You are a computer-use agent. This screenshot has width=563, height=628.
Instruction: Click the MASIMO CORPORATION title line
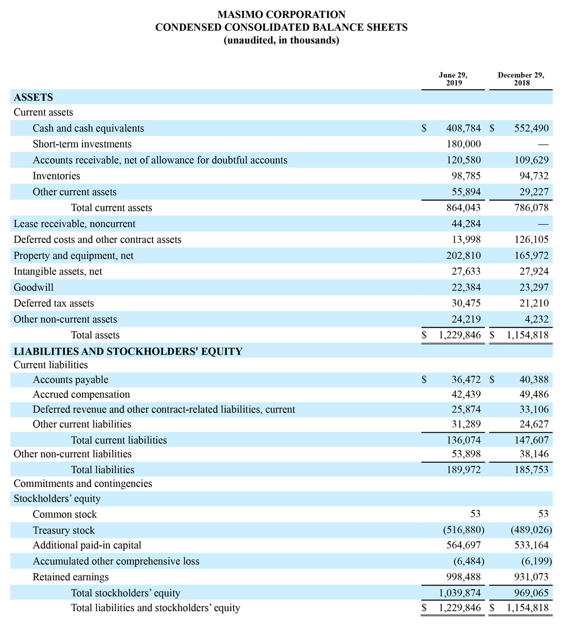[x=281, y=15]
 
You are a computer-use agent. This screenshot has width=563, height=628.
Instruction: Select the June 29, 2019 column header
[x=453, y=79]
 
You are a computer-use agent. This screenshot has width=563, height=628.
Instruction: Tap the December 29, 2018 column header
[x=521, y=79]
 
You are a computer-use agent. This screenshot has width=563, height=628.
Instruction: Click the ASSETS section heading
[x=33, y=97]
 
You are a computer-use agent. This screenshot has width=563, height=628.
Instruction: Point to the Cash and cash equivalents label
[x=88, y=128]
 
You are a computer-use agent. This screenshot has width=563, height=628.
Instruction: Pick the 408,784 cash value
[x=464, y=128]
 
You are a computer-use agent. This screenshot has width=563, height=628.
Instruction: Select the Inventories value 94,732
[x=532, y=176]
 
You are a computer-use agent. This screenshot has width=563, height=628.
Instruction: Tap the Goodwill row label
[x=34, y=287]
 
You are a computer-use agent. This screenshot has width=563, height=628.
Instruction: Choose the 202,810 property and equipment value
[x=464, y=256]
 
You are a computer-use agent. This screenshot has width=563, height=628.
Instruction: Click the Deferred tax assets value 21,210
[x=534, y=303]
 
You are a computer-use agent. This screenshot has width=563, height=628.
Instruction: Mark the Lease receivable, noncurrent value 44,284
[x=466, y=224]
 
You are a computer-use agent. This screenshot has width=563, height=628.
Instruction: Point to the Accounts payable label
[x=70, y=380]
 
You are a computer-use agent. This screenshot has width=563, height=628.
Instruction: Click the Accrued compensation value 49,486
[x=534, y=395]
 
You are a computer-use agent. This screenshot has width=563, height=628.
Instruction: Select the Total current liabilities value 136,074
[x=464, y=440]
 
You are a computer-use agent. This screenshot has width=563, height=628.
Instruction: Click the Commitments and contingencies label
[x=83, y=484]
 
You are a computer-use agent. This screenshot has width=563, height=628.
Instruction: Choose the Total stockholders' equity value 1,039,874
[x=460, y=593]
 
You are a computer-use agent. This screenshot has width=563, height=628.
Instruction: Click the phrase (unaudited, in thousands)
[x=281, y=40]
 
